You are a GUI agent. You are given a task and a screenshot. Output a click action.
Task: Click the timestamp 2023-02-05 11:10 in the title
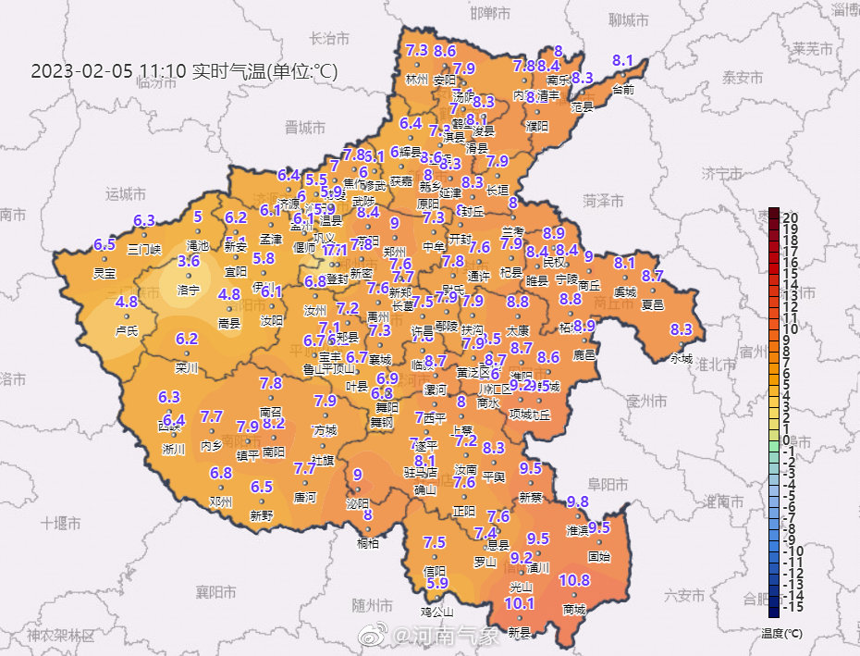[x=108, y=71]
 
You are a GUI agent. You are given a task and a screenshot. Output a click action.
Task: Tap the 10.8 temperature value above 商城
[x=574, y=580]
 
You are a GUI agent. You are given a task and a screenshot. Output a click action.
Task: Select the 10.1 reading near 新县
[x=519, y=603]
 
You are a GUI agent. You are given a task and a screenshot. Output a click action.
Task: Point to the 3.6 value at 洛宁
[x=189, y=262]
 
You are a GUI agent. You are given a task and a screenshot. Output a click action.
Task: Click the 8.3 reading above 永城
[x=682, y=329]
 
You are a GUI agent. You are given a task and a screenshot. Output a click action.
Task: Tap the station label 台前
[x=623, y=90]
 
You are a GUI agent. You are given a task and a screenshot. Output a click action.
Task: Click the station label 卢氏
[x=127, y=330]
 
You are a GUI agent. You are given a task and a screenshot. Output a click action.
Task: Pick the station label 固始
[x=599, y=557]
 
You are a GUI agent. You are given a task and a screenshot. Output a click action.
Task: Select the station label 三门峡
[x=144, y=249]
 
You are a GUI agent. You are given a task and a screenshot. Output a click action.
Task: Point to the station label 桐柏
[x=367, y=544]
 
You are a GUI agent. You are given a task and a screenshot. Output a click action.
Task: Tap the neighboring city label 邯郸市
[x=490, y=14]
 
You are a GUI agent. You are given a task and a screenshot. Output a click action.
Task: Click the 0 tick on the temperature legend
[x=785, y=440]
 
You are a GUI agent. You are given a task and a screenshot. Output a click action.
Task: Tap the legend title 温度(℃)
[x=779, y=634]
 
